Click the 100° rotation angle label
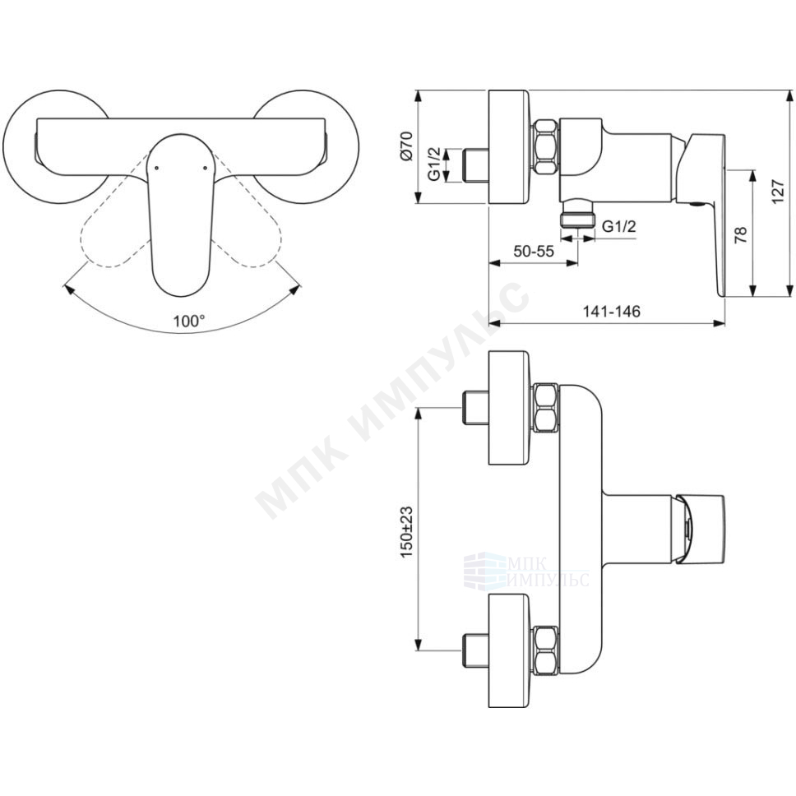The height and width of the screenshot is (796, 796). pos(189,321)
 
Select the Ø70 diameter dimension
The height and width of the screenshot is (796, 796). pos(408,146)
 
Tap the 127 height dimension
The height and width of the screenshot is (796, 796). pos(778,192)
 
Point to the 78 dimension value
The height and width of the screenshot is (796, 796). pos(741,234)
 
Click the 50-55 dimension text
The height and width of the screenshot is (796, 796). pos(533,252)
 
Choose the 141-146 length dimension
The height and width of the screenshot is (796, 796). pos(611,311)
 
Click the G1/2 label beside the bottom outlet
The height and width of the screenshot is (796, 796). pos(619,226)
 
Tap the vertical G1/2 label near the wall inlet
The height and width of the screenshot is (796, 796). pos(434,165)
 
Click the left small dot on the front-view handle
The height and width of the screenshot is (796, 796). pos(156,167)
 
